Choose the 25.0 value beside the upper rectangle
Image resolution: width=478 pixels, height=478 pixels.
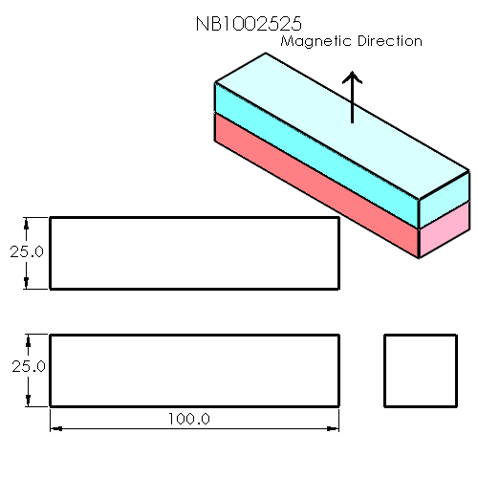[28, 251]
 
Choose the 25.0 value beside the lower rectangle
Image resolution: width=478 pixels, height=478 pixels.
[28, 366]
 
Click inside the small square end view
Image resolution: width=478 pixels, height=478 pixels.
[419, 370]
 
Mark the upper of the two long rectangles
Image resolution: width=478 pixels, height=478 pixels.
[194, 252]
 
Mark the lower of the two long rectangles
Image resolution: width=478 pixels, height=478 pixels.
[194, 370]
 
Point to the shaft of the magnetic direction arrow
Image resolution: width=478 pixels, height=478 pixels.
[353, 105]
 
